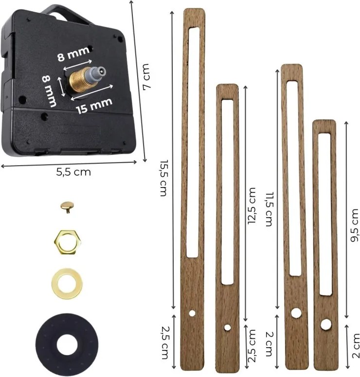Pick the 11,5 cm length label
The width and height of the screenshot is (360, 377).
(x=268, y=209)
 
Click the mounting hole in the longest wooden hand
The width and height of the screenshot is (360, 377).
(x=193, y=313)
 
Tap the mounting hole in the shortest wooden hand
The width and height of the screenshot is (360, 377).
(x=324, y=323)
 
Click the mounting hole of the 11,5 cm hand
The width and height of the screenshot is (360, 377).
(x=295, y=313)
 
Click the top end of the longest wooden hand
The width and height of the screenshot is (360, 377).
(x=193, y=12)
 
